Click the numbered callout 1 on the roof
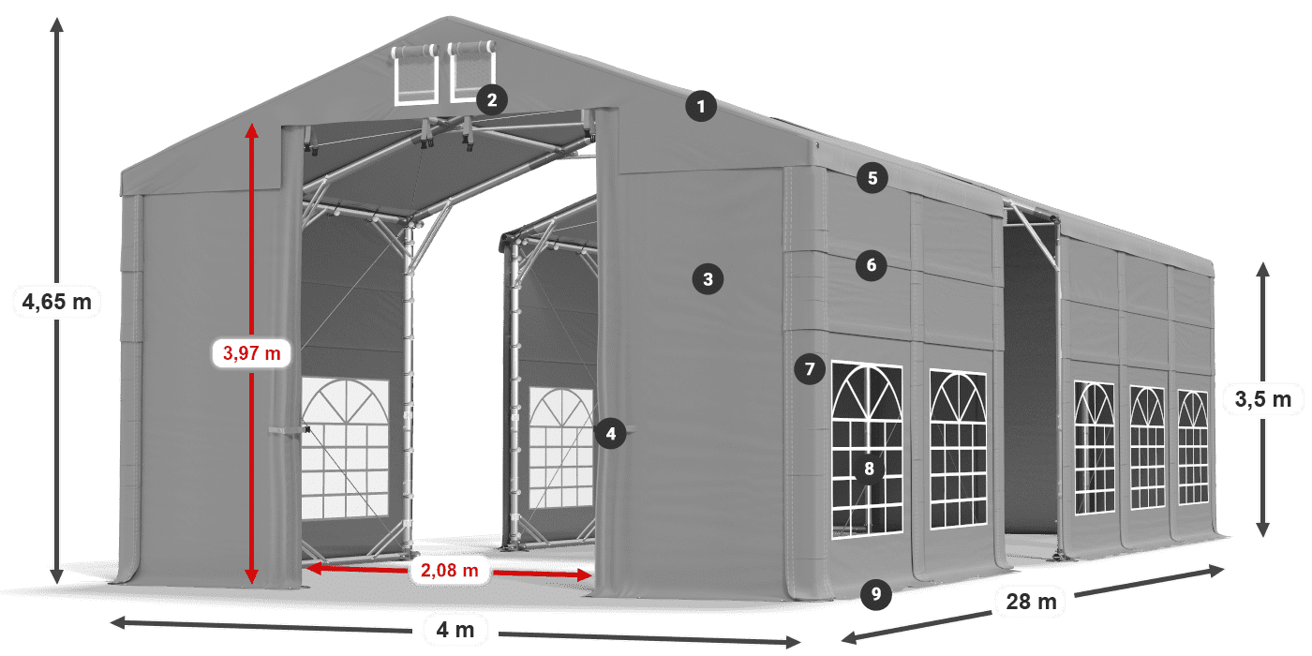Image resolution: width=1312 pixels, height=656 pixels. [x=700, y=106]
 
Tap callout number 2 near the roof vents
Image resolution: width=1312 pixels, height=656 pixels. [x=491, y=98]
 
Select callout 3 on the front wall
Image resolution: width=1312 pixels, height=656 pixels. [x=708, y=278]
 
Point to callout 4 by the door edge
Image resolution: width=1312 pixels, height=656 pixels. [x=610, y=433]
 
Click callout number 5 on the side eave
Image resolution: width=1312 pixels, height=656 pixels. [x=872, y=178]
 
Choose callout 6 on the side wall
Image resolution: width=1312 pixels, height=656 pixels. [x=871, y=265]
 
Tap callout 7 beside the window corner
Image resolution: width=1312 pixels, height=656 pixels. [x=810, y=368]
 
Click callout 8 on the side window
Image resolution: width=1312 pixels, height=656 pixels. [x=869, y=470]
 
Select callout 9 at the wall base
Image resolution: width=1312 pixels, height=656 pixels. [x=874, y=592]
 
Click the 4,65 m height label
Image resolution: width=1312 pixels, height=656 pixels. [x=56, y=302]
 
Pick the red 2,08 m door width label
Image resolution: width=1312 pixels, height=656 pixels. [x=450, y=569]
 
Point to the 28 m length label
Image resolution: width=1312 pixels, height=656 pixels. [x=1032, y=601]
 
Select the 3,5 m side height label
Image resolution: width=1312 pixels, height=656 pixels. [x=1262, y=400]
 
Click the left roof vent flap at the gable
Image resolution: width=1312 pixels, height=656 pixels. [x=415, y=74]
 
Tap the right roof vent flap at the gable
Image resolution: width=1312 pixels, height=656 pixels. [x=470, y=71]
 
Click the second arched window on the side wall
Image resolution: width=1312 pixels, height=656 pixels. [x=958, y=448]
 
